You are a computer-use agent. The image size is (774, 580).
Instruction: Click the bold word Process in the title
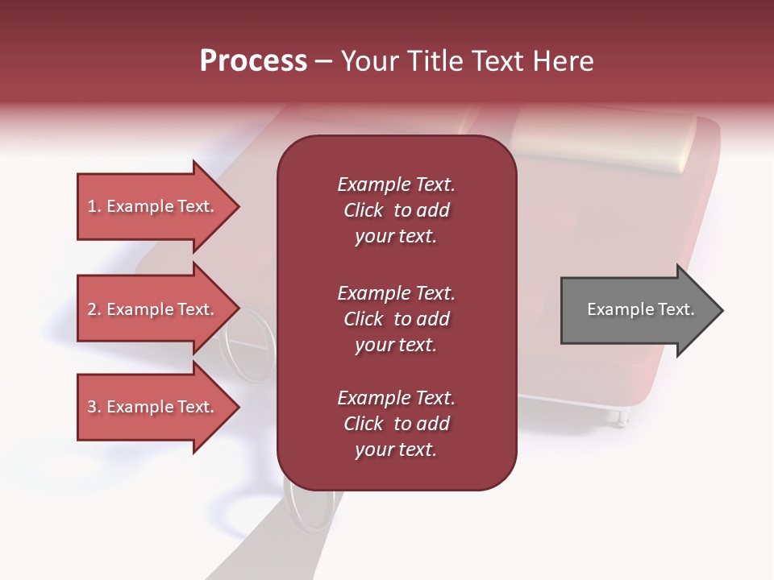(253, 61)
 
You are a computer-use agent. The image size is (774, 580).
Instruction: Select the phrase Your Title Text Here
(468, 61)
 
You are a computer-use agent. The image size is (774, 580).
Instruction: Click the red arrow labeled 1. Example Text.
(153, 207)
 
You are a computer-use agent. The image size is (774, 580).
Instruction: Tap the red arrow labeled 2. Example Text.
(153, 310)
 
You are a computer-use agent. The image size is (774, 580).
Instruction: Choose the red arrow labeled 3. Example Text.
(153, 407)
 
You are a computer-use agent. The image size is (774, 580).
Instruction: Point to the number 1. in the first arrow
(94, 207)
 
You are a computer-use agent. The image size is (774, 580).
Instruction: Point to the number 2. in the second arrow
(94, 310)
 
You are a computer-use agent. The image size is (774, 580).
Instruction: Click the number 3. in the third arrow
(94, 408)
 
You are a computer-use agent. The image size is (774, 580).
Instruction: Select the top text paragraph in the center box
(396, 210)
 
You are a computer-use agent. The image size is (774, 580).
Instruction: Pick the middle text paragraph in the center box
(396, 319)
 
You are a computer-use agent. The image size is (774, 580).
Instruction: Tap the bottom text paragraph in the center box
(396, 424)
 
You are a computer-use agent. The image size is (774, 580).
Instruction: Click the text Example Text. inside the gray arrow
(641, 310)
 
